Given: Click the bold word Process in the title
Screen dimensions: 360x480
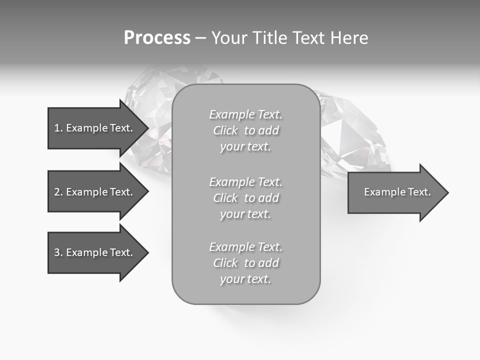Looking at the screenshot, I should (x=157, y=38).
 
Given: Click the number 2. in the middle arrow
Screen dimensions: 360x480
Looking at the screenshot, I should (x=58, y=192).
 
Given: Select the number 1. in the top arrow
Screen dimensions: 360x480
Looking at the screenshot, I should (x=58, y=128).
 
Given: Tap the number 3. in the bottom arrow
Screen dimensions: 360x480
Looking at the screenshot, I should (x=58, y=252).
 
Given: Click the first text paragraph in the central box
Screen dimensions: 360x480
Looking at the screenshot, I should (x=245, y=130).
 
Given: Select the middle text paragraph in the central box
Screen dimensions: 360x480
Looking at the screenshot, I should (x=245, y=198).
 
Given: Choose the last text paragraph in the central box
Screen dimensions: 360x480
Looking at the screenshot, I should (x=245, y=263).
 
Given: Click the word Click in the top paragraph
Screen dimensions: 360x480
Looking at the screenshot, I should (x=225, y=130).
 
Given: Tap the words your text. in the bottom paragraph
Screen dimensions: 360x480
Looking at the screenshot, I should (x=245, y=279).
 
